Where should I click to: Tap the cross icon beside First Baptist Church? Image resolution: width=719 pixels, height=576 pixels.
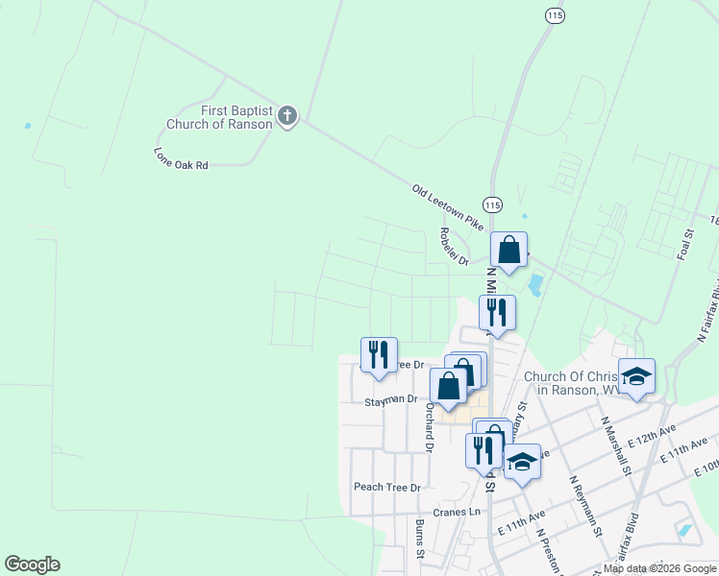(286, 117)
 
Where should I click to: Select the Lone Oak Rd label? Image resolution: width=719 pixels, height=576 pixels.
(181, 158)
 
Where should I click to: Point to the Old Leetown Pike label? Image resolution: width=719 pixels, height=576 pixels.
(448, 205)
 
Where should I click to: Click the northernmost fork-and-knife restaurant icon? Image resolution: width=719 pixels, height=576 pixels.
(497, 312)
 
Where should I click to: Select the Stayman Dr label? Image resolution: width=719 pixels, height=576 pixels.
(391, 398)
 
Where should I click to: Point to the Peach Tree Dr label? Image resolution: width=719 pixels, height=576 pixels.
(387, 488)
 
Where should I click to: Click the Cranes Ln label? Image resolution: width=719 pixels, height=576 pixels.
(457, 512)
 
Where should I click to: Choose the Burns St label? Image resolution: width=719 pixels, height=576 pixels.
(419, 540)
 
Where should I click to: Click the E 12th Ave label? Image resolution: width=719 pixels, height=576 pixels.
(653, 433)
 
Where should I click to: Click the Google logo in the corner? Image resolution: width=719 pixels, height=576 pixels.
(32, 564)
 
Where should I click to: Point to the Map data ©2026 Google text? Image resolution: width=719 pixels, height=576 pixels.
(660, 569)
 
